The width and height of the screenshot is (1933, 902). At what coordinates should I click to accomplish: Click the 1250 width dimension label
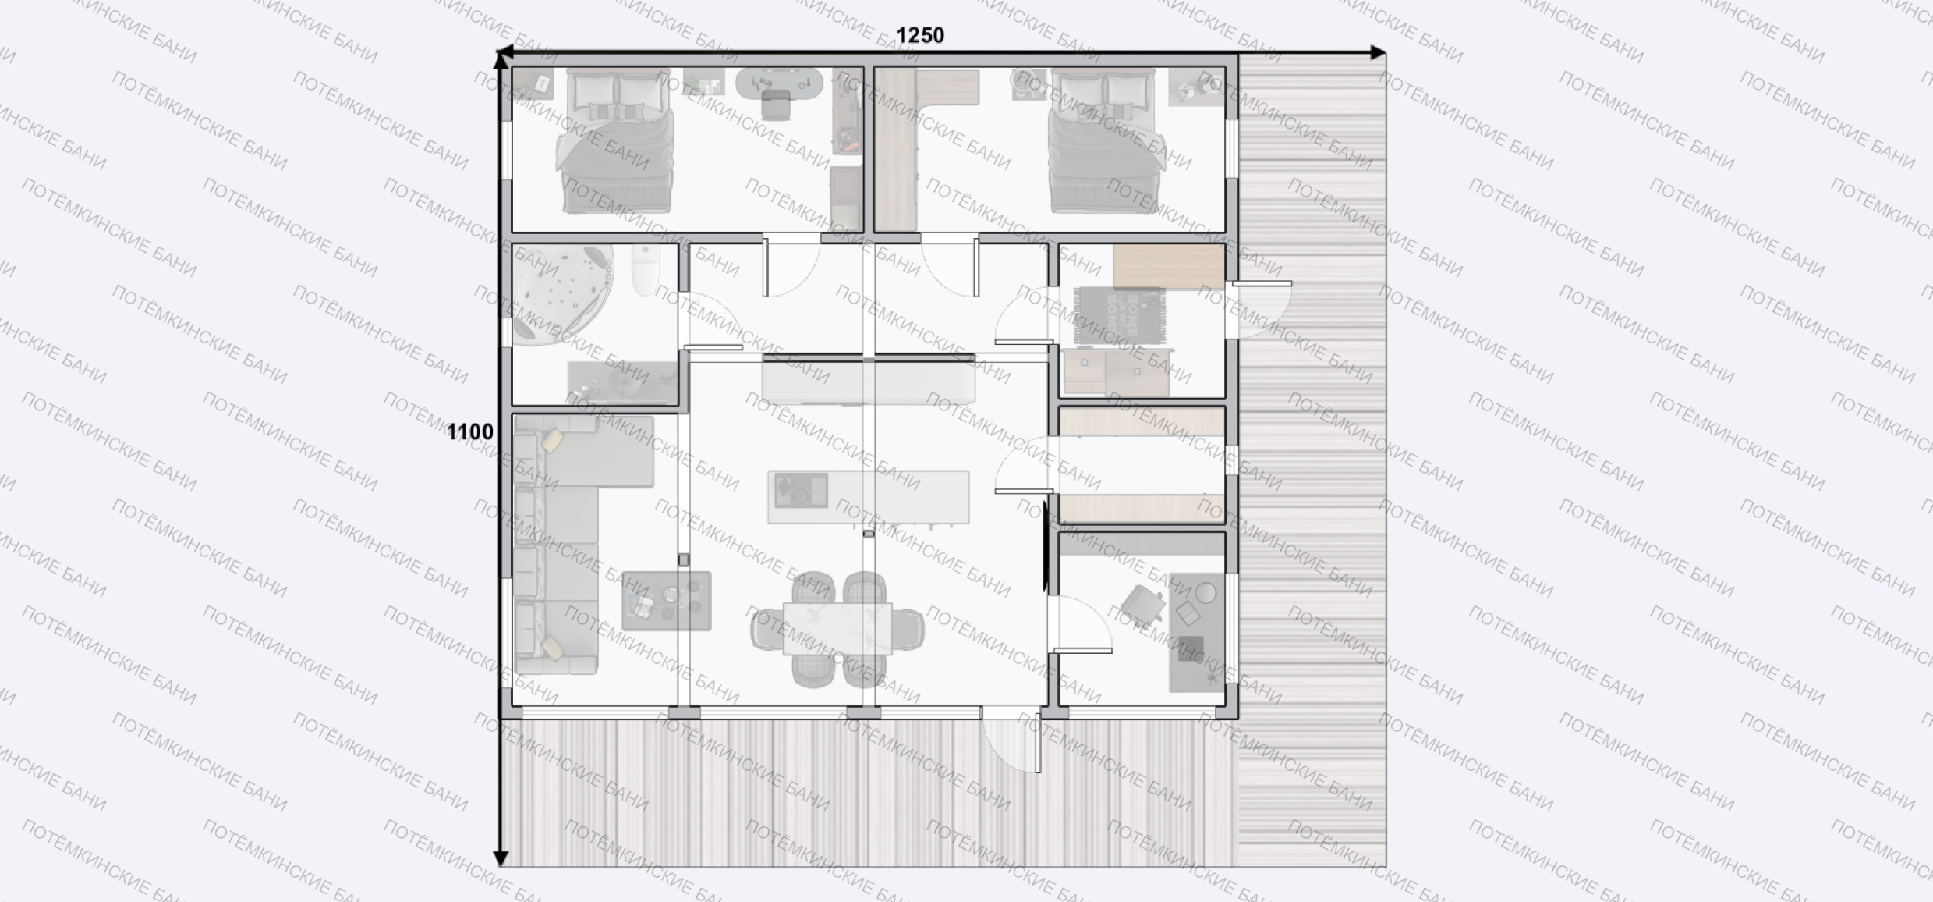click(919, 35)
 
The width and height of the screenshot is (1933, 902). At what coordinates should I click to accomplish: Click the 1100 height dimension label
click(469, 431)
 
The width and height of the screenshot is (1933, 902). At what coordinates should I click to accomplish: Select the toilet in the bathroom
click(645, 270)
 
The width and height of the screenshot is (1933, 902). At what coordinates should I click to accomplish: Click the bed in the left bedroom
click(614, 141)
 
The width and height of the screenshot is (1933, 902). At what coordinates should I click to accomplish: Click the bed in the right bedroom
click(1102, 141)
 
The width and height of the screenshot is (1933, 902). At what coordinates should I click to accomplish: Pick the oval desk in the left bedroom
click(779, 83)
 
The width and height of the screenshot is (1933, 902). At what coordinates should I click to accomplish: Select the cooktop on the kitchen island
click(801, 491)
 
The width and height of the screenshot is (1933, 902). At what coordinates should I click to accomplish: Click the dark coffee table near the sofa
click(667, 601)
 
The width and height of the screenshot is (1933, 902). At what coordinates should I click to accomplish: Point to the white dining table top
click(837, 629)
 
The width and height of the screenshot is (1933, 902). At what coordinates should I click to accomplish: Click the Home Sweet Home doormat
click(1120, 315)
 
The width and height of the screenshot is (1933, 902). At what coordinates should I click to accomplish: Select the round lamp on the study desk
click(1205, 593)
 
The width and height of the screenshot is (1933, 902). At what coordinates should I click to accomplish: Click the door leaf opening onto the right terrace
click(1261, 283)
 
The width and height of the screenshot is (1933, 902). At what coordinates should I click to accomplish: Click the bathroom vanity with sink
click(621, 382)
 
